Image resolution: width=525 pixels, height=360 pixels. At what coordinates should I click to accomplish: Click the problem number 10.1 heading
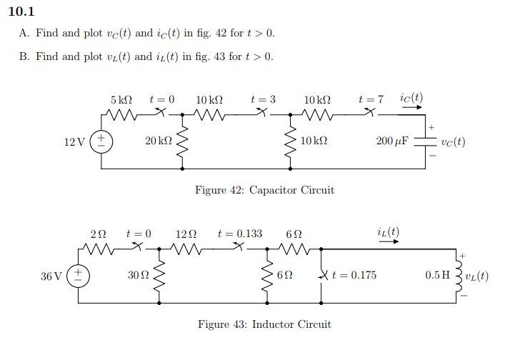click(21, 11)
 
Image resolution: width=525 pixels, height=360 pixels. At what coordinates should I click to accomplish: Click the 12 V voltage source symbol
click(101, 141)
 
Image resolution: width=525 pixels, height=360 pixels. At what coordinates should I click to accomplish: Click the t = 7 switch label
click(371, 99)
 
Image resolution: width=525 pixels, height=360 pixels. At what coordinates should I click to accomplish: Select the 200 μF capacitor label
click(392, 141)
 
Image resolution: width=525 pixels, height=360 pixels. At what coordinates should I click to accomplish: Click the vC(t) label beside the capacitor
click(454, 141)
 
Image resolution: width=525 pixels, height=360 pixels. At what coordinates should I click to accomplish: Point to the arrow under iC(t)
click(411, 109)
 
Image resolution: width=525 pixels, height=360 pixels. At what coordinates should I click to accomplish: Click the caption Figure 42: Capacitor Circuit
click(264, 190)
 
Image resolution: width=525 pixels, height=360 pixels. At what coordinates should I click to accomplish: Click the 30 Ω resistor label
click(136, 276)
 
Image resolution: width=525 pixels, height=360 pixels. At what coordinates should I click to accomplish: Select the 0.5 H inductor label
click(439, 276)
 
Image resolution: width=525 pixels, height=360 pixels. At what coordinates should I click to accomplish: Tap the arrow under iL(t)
click(389, 242)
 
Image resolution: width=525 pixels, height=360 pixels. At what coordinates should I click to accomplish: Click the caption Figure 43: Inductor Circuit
click(264, 324)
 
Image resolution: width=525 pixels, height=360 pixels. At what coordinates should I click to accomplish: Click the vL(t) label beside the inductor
click(476, 276)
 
